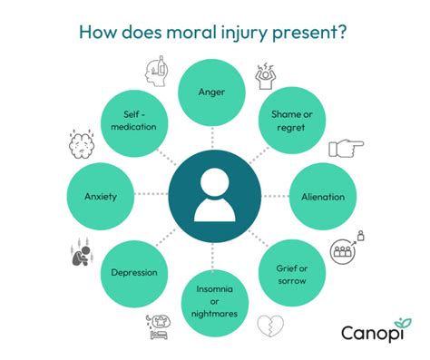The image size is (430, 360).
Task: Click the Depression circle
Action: point(134,272)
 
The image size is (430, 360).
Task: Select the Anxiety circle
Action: point(102,196)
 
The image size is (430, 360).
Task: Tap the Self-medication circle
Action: point(134,121)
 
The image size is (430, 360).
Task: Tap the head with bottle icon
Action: point(156,70)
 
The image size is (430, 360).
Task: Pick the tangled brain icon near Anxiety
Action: point(83,144)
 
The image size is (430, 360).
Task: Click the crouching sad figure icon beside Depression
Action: point(82,253)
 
